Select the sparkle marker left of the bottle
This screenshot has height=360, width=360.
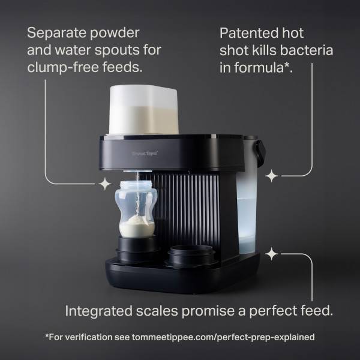tap(105, 182)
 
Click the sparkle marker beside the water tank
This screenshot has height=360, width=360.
tap(272, 176)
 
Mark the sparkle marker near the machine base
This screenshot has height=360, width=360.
tap(272, 254)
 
